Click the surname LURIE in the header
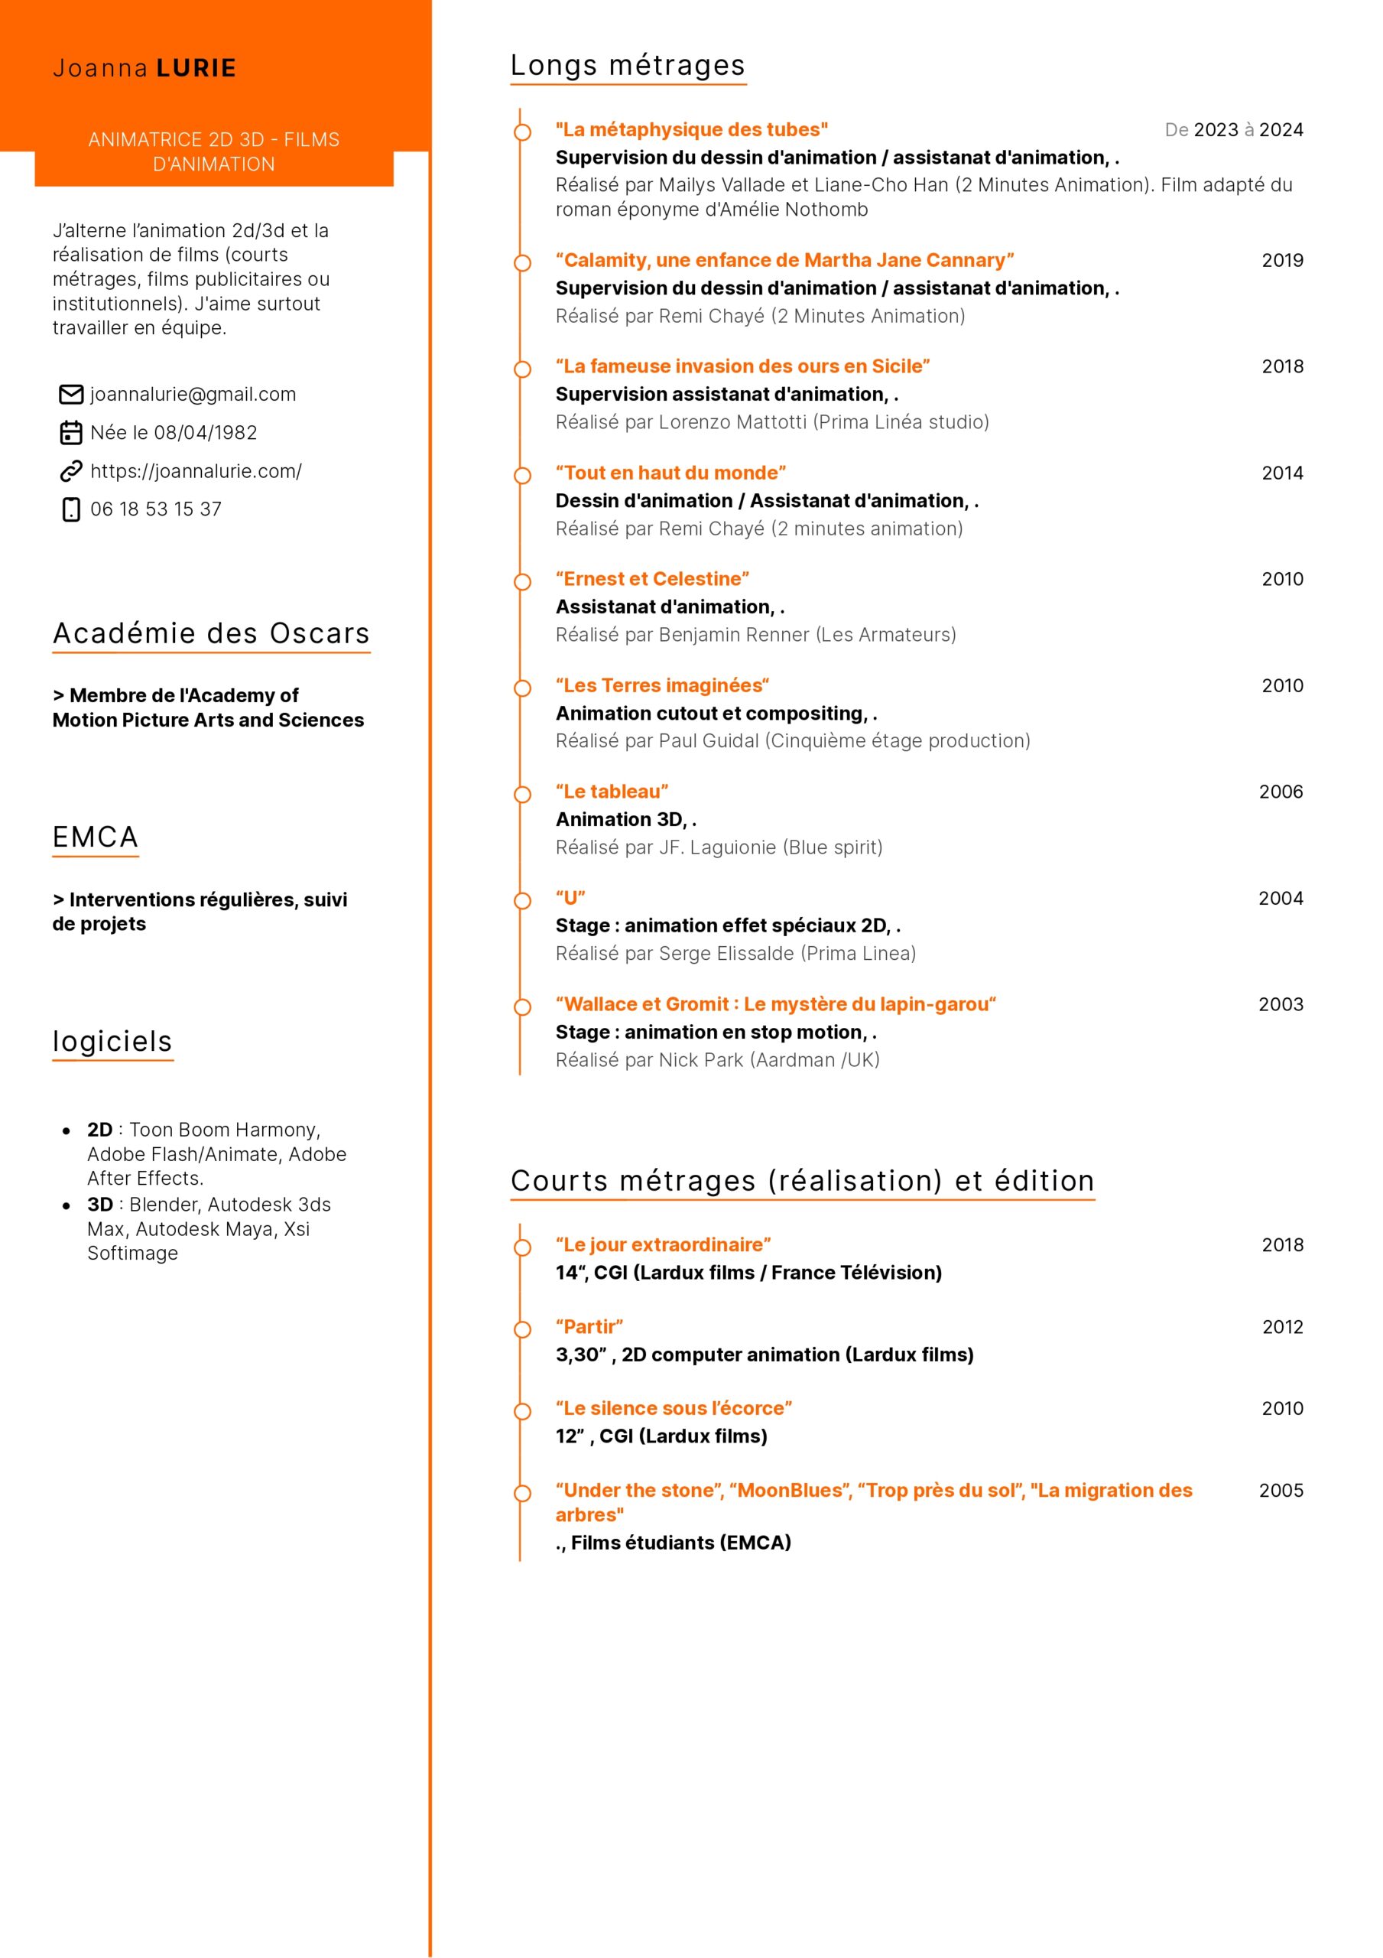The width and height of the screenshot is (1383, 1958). [196, 68]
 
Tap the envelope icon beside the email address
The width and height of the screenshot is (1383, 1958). [71, 394]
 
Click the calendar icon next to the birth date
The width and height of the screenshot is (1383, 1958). [71, 432]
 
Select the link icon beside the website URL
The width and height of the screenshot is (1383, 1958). [71, 470]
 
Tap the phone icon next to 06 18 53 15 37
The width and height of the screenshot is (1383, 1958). [71, 509]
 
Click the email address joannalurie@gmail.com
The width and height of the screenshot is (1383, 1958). [193, 394]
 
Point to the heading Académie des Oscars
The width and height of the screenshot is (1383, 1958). [210, 633]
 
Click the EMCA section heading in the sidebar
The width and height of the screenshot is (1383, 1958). [96, 837]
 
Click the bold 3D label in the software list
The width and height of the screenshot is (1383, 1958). [99, 1204]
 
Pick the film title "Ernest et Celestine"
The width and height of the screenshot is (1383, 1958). [652, 579]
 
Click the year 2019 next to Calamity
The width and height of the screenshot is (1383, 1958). [1281, 260]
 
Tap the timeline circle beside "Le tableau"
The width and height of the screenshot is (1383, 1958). [522, 795]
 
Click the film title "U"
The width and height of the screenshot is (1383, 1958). [570, 898]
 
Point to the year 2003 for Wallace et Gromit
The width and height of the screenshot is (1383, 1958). [1280, 1004]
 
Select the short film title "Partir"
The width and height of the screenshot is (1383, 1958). [589, 1327]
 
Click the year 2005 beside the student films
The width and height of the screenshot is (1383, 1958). [1281, 1491]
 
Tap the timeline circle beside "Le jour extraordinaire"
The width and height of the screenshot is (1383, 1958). [522, 1247]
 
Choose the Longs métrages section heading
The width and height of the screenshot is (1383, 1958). [628, 66]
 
